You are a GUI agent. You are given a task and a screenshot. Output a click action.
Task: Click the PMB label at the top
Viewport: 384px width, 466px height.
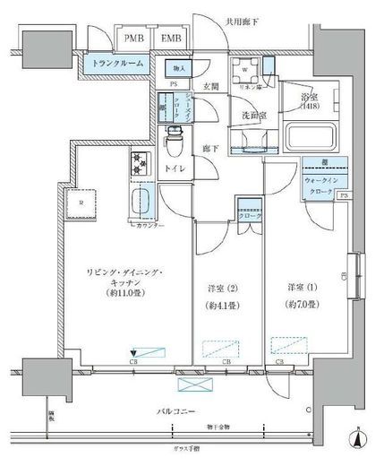click(x=134, y=39)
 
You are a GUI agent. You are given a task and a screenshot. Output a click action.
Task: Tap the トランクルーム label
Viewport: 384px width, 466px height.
click(x=115, y=63)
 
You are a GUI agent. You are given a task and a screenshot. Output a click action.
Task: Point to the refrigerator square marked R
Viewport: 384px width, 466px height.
click(x=81, y=203)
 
